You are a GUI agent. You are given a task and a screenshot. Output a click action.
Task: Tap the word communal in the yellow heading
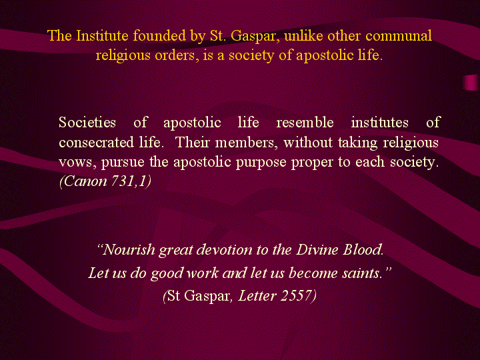tap(399, 36)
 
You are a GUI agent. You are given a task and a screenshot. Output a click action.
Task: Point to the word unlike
tap(303, 36)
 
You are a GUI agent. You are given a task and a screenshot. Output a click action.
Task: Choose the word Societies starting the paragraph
tap(87, 123)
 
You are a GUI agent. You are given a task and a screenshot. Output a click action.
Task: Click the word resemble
tap(305, 123)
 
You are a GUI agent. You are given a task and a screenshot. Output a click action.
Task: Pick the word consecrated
tap(97, 143)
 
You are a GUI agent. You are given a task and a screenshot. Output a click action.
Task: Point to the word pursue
tap(123, 163)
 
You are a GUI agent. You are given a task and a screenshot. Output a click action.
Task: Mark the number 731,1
tap(131, 181)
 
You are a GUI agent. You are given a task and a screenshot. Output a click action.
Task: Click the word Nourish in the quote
tap(127, 250)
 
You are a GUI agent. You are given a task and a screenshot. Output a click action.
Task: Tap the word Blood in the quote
tap(363, 250)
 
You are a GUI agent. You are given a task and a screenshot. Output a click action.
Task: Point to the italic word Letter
tap(257, 296)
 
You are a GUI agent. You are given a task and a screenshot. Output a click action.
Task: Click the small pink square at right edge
tap(471, 83)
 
